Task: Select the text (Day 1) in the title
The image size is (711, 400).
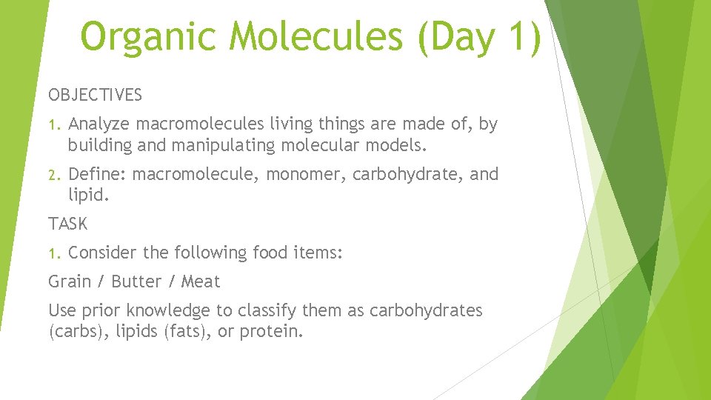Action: [479, 37]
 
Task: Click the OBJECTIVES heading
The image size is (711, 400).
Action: [96, 96]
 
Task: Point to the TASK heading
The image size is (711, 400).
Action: [67, 223]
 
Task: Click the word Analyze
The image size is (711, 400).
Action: [99, 124]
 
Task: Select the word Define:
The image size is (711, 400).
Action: [98, 175]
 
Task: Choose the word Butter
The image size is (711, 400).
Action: [136, 282]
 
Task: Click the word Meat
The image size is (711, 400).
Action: [201, 282]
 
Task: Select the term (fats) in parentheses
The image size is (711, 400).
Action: [177, 331]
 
